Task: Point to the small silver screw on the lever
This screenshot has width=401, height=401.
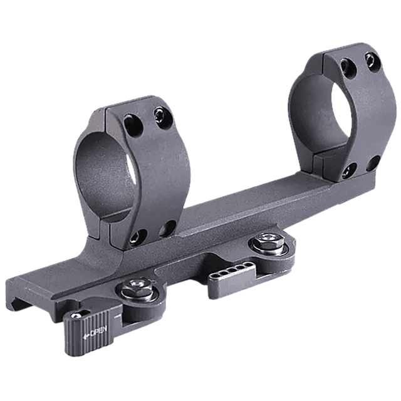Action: (76, 315)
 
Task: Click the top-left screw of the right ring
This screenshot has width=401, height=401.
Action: (346, 64)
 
